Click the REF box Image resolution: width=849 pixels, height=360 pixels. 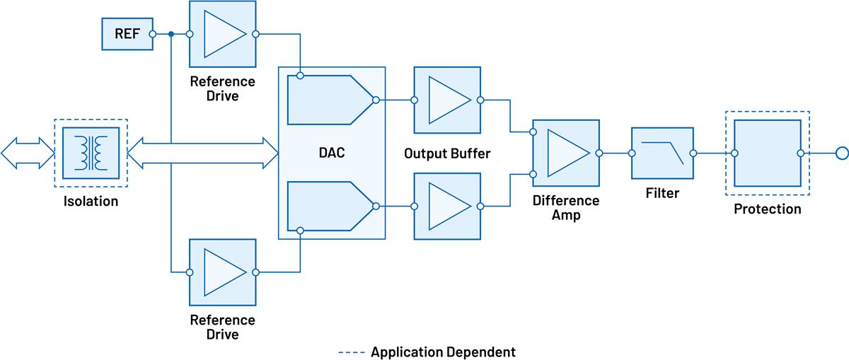(x=127, y=33)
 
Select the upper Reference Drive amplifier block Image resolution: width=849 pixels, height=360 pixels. (x=222, y=33)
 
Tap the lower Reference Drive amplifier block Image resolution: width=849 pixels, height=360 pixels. (x=222, y=272)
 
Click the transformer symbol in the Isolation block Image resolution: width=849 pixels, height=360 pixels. (x=91, y=153)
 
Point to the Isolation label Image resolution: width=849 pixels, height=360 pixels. (x=90, y=202)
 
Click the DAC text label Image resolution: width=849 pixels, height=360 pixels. (x=331, y=153)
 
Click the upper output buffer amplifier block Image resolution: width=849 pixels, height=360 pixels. (x=447, y=100)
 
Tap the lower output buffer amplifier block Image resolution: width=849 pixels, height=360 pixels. (x=447, y=206)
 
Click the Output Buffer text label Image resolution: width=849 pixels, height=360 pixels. (x=446, y=153)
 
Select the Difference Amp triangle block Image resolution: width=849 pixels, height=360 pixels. (x=567, y=153)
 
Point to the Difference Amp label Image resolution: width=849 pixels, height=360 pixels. (x=566, y=208)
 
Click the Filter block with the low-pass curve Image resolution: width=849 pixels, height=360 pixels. (x=662, y=153)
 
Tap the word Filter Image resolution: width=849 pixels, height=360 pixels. (x=662, y=192)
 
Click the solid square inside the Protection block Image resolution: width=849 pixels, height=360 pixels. (x=768, y=153)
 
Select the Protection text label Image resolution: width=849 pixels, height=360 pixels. (x=768, y=209)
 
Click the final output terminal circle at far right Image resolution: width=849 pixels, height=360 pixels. (x=842, y=153)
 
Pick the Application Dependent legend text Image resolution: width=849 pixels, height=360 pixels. (x=443, y=352)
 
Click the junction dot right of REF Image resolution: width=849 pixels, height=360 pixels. (x=172, y=33)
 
